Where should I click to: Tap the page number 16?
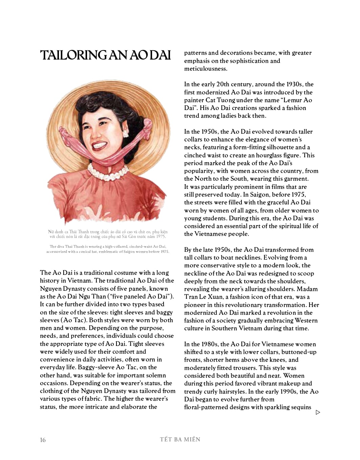(43, 440)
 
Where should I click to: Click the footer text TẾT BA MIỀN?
(180, 439)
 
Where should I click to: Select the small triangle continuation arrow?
(318, 412)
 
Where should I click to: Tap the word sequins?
(300, 407)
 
